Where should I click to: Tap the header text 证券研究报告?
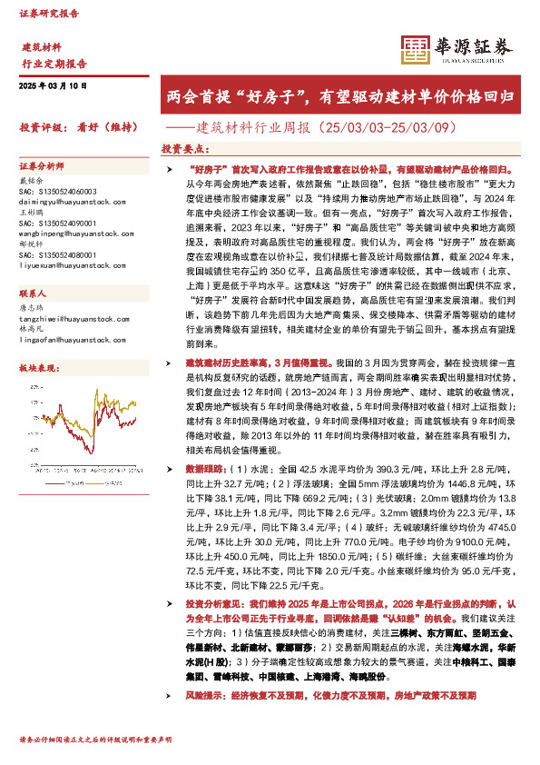49,14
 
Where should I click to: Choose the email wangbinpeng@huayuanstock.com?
73,234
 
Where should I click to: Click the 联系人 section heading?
33,293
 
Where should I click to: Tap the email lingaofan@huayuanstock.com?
67,340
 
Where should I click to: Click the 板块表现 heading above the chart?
34,368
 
